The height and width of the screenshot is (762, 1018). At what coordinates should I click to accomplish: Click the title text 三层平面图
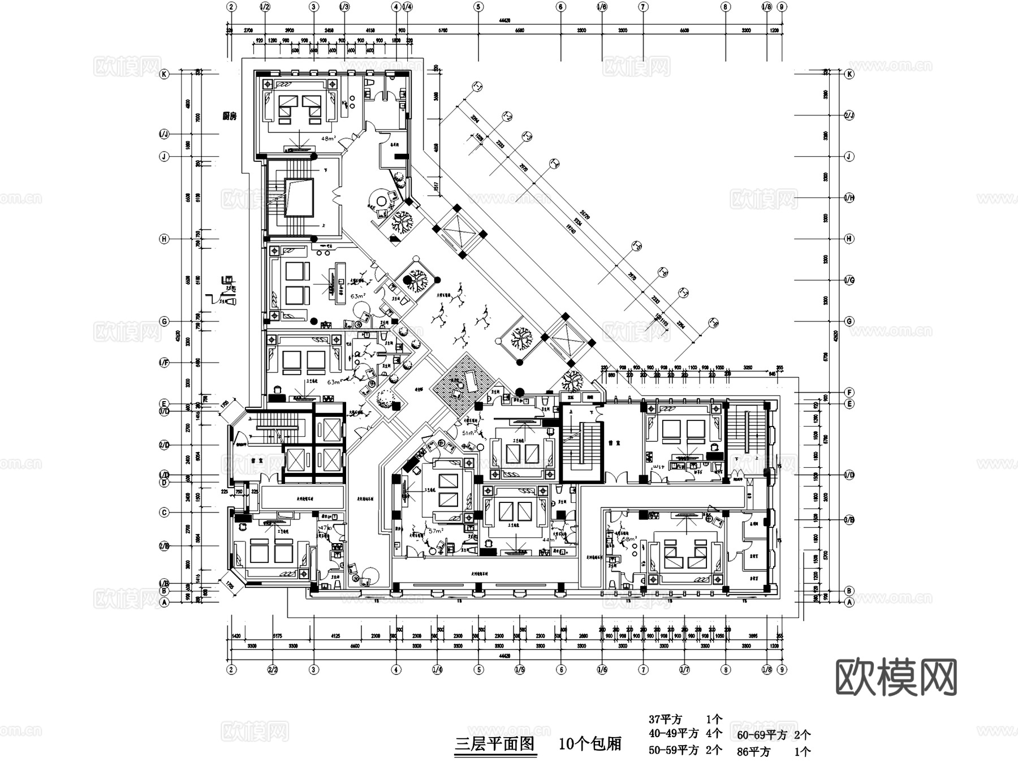(x=495, y=743)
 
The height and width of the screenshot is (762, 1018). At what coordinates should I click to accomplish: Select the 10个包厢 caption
(x=590, y=743)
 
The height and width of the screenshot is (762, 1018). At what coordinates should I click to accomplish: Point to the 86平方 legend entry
(x=753, y=752)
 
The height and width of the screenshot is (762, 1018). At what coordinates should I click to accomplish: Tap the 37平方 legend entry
(x=665, y=720)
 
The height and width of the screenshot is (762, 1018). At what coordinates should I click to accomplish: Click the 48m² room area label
(x=328, y=138)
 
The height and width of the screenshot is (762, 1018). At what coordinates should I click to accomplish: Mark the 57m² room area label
(x=436, y=531)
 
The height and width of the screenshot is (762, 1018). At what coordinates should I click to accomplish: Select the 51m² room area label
(x=469, y=433)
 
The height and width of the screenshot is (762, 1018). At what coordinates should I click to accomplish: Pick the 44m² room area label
(x=549, y=540)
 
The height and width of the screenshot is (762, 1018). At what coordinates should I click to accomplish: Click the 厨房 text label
(x=230, y=117)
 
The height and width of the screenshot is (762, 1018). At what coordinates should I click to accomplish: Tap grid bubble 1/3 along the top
(x=344, y=7)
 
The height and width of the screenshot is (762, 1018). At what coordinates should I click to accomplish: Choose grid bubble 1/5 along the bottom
(x=520, y=670)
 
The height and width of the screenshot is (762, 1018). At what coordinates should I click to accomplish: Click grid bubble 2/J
(x=849, y=115)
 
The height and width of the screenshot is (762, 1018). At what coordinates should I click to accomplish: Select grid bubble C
(x=164, y=513)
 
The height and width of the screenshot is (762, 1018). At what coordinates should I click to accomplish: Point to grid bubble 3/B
(x=849, y=519)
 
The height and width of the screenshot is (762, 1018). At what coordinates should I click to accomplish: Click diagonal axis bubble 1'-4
(x=554, y=164)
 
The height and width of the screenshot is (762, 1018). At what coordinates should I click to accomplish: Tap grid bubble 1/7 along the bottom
(x=684, y=670)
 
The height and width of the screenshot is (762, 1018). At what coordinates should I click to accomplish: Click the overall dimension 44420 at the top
(x=504, y=20)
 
